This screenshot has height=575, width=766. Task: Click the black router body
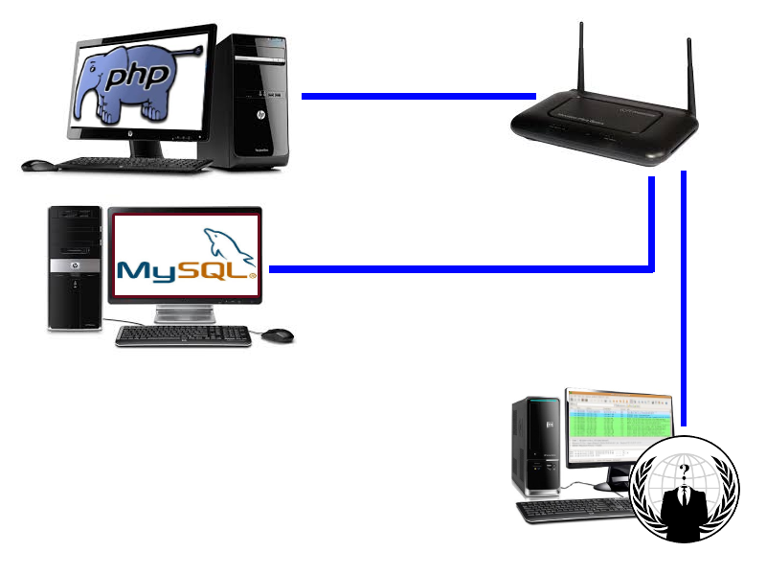point(603,129)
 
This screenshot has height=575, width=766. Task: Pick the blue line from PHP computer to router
point(417,96)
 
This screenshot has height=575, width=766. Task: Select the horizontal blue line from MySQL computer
point(460,269)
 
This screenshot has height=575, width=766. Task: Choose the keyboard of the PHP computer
point(134,165)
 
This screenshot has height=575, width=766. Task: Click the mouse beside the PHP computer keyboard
point(37,165)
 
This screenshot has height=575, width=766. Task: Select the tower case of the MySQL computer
point(76,268)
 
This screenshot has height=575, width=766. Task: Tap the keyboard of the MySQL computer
point(183,334)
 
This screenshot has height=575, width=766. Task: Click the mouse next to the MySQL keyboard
point(279,334)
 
